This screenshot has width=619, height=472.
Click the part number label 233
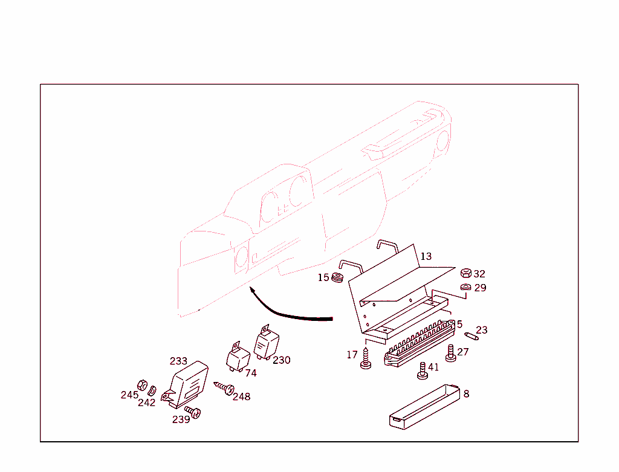(x=178, y=361)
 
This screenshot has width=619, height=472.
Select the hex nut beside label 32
(x=466, y=273)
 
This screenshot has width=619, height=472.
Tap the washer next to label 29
(x=466, y=287)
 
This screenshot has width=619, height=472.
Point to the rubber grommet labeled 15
(x=337, y=277)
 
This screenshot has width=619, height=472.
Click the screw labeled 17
(x=366, y=359)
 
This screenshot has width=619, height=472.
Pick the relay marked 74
(x=238, y=358)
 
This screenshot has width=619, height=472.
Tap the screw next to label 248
(x=224, y=388)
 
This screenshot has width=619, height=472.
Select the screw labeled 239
(x=193, y=412)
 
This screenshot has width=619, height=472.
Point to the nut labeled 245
(x=142, y=385)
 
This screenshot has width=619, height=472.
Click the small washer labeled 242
(x=152, y=390)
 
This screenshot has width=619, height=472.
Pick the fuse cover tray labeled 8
(x=425, y=407)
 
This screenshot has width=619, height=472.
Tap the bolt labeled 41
(x=423, y=371)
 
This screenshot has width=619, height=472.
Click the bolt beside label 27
(x=450, y=353)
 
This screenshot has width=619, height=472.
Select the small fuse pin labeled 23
(x=472, y=336)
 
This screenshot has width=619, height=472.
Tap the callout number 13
(x=426, y=256)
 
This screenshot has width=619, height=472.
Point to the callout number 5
(x=459, y=325)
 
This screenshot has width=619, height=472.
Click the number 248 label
(x=242, y=396)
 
